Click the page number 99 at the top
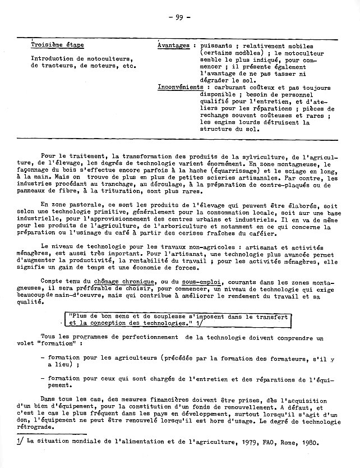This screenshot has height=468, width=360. click(x=179, y=17)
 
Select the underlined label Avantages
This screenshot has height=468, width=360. click(x=173, y=45)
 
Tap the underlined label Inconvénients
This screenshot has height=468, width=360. click(x=181, y=88)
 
